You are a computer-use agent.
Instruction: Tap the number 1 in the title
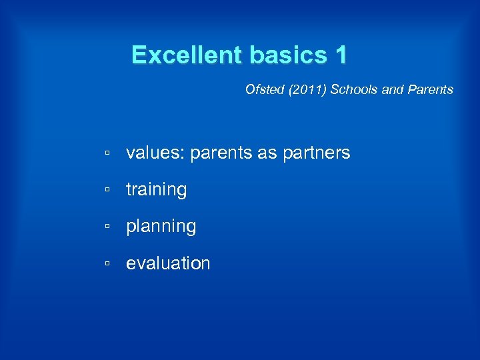341,55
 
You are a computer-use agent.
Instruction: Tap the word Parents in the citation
431,89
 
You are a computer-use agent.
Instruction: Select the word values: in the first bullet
155,153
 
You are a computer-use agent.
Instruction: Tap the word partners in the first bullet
316,153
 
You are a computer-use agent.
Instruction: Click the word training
157,190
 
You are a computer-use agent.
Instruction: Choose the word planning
161,227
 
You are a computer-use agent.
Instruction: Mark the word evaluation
168,263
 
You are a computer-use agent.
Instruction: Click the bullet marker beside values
107,154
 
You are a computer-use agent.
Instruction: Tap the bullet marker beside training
107,191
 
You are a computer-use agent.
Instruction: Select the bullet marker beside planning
107,227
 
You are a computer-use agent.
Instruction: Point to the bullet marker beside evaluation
107,264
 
